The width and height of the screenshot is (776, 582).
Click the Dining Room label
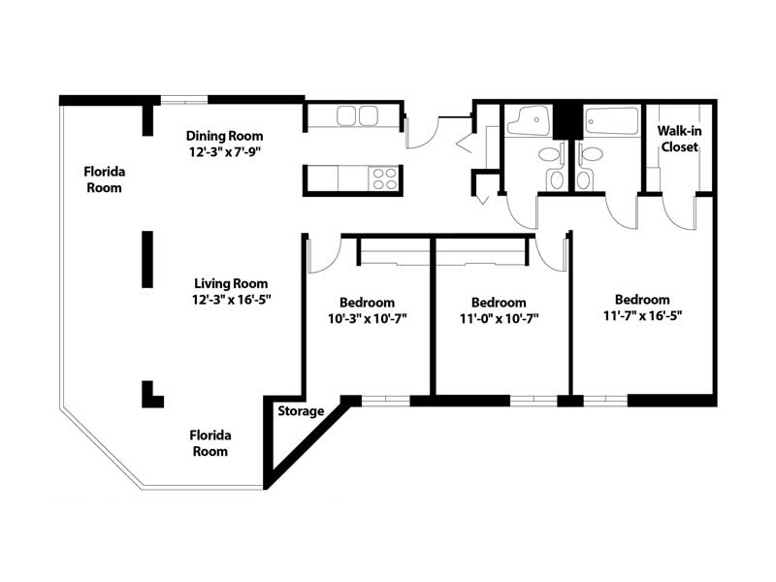(x=225, y=136)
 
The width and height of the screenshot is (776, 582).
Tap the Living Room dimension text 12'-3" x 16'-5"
(x=232, y=300)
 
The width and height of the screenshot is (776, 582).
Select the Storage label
(x=301, y=411)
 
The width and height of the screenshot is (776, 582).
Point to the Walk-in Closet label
(x=680, y=139)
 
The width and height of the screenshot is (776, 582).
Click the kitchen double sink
(x=357, y=116)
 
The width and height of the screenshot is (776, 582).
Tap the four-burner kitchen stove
(x=384, y=178)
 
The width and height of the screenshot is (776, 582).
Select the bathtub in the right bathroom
(x=612, y=120)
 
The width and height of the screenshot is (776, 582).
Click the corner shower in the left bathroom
(x=528, y=120)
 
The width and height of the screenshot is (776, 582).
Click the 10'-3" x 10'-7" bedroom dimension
(x=368, y=319)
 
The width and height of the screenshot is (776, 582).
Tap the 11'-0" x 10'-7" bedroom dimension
(x=499, y=319)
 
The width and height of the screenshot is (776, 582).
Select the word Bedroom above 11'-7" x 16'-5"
(x=642, y=300)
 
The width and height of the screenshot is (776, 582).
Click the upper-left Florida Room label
(x=104, y=179)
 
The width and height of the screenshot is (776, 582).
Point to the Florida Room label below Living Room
(x=210, y=443)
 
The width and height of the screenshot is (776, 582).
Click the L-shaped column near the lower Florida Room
(x=151, y=395)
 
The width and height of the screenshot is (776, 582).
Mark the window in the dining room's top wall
(x=184, y=101)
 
